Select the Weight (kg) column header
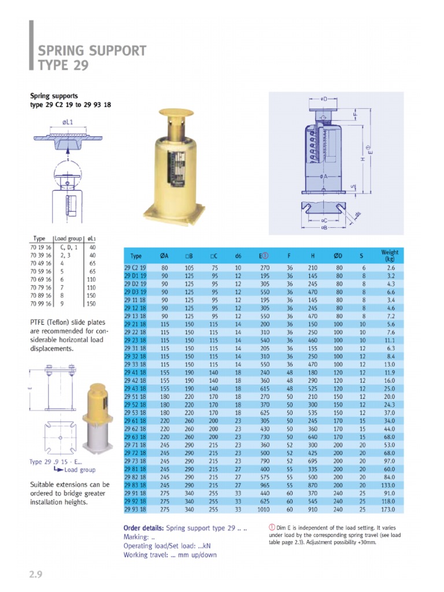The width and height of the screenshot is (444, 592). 390,255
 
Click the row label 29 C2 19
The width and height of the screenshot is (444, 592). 136,268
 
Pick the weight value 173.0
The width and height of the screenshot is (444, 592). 388,509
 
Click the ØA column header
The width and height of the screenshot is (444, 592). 164,256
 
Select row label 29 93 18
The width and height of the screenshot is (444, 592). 136,509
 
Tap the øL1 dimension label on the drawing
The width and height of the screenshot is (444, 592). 68,123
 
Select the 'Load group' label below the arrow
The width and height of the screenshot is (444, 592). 80,470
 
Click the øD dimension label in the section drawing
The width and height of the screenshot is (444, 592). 324,99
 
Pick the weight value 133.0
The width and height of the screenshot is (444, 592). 388,486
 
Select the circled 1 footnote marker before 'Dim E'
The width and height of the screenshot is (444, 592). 272,527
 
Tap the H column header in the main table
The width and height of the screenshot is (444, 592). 312,256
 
